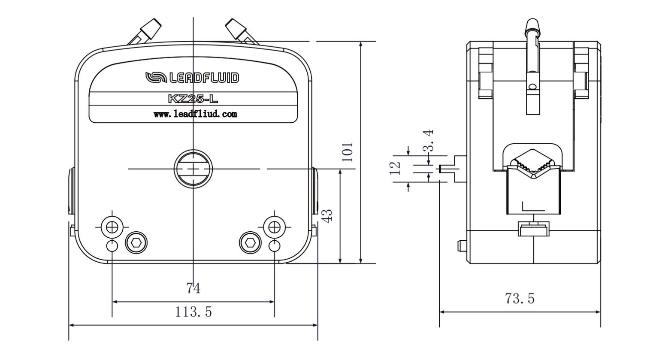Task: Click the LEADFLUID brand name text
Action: pos(204,78)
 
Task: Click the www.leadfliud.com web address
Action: pos(195,114)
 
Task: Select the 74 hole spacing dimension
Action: pos(193,289)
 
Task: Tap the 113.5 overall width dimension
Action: pos(193,312)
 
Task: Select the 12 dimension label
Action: pos(396,168)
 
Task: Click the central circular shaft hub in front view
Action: pos(193,169)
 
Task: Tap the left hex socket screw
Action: pos(136,243)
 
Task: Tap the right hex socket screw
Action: pos(251,243)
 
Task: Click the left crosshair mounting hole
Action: pos(112,227)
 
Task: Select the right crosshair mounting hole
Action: pos(275,227)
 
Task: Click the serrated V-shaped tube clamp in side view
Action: pos(532,164)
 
